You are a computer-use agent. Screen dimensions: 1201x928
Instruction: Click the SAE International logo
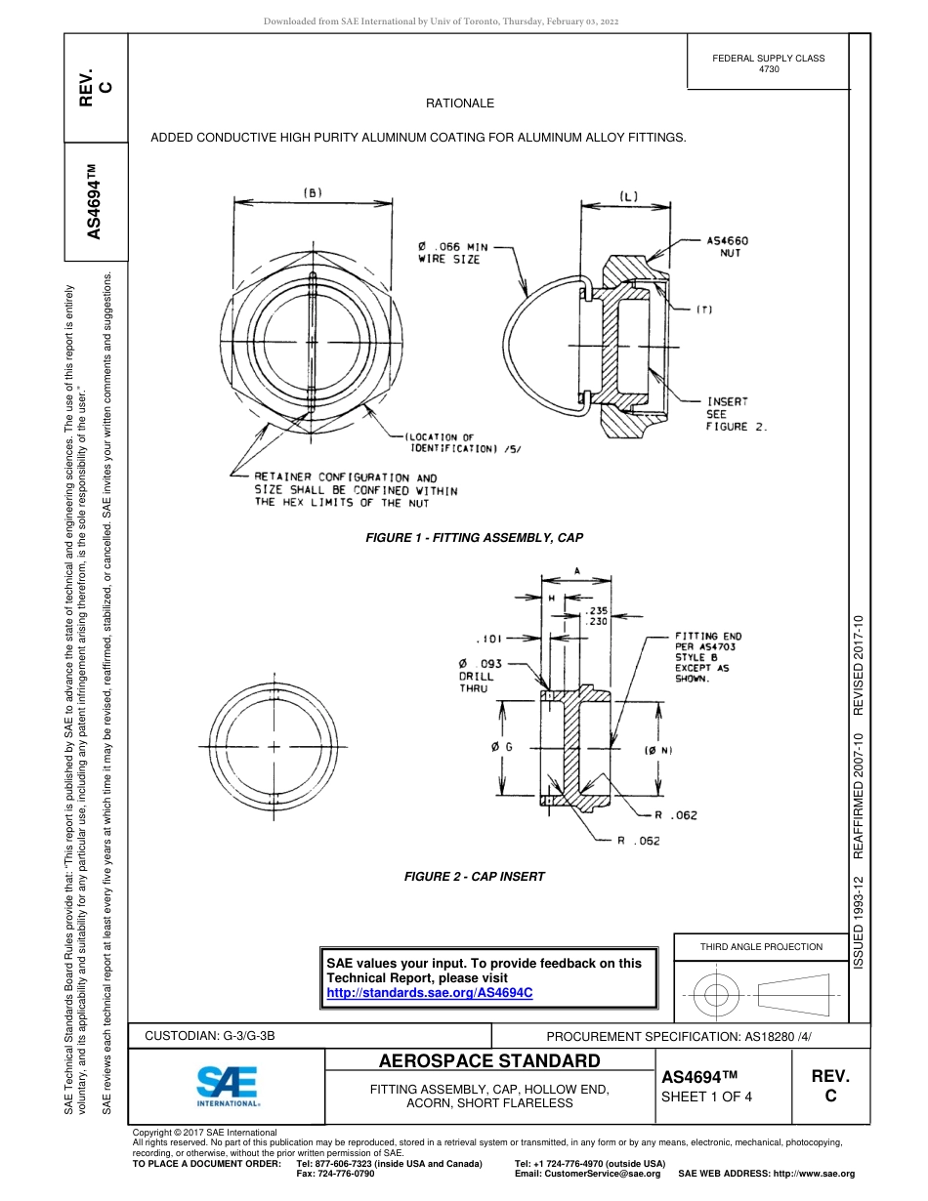click(227, 1084)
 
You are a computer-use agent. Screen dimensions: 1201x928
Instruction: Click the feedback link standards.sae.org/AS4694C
click(430, 992)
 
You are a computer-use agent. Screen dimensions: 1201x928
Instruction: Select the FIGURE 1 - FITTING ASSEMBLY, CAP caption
click(474, 537)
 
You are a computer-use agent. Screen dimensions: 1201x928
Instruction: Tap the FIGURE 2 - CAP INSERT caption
click(474, 877)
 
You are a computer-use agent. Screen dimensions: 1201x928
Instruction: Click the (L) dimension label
click(627, 195)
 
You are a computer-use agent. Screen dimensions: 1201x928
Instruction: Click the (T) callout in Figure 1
click(704, 311)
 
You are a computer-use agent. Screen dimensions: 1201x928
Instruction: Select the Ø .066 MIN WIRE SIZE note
click(452, 253)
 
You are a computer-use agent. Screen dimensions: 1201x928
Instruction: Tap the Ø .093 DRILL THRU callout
click(480, 676)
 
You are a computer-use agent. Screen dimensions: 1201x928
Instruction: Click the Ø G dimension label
click(503, 747)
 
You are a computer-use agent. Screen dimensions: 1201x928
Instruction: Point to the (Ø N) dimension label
click(657, 750)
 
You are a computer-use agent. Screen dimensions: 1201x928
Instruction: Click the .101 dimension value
click(488, 639)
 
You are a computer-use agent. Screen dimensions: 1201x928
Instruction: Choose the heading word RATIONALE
click(459, 104)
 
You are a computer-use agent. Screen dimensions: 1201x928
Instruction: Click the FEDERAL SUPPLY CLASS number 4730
click(768, 69)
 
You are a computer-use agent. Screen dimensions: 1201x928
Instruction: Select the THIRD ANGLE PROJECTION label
click(761, 946)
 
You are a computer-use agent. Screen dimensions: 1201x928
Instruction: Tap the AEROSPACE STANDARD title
click(488, 1061)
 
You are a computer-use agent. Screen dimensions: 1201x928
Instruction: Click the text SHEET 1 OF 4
click(707, 1096)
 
